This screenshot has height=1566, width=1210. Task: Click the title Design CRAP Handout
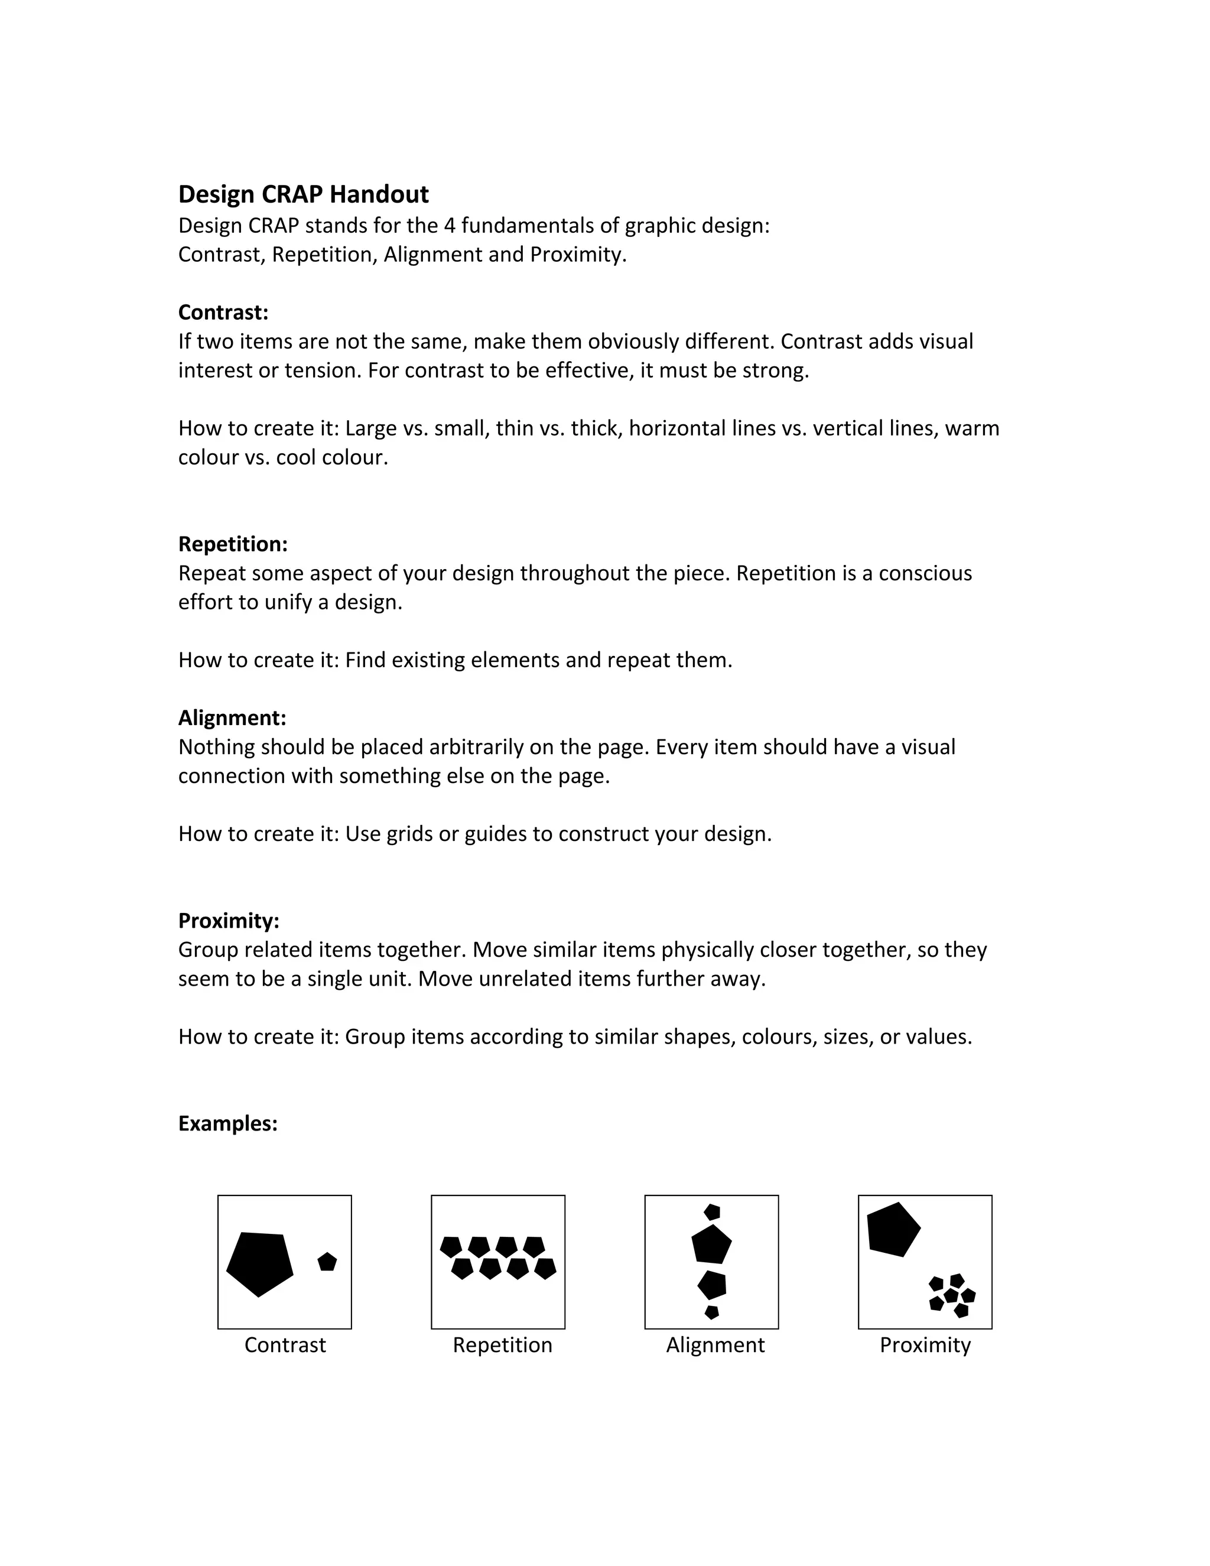(303, 194)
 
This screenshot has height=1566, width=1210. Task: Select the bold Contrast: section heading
(223, 313)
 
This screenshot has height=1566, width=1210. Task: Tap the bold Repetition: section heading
(232, 544)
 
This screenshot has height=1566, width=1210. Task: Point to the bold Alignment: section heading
(232, 718)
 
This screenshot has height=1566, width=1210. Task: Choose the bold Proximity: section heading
(229, 921)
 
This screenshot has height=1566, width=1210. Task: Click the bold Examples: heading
(227, 1123)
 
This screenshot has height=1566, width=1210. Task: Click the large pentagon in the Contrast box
(259, 1263)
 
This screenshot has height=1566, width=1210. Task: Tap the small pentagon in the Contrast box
(327, 1262)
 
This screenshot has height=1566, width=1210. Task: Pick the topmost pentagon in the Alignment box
(712, 1212)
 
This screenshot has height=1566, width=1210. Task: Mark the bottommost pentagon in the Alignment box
(711, 1312)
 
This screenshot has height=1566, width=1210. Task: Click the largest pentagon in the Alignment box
(711, 1245)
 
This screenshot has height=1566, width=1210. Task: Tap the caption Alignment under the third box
(715, 1345)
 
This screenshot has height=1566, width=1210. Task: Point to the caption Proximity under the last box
(925, 1345)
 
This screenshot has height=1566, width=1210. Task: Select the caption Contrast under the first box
(285, 1345)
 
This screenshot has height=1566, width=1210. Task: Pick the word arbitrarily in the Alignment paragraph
(476, 747)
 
